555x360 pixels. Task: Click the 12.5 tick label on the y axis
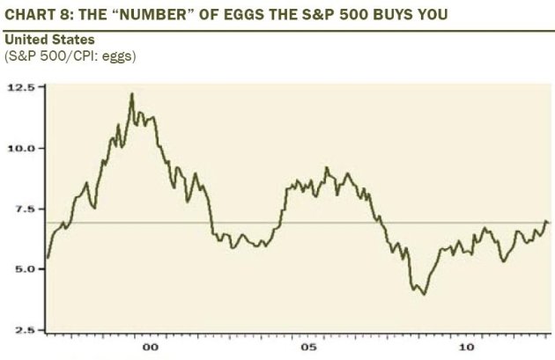pos(22,88)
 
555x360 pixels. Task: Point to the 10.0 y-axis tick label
pos(22,148)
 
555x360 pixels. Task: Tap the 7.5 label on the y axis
pos(25,209)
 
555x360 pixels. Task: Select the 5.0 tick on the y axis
pos(25,268)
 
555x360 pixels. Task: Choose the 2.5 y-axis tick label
pos(25,329)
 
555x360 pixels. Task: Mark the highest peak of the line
pos(131,93)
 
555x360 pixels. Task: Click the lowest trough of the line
pos(425,294)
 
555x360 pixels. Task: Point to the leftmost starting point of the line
pos(48,257)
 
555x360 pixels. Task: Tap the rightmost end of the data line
pos(547,222)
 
